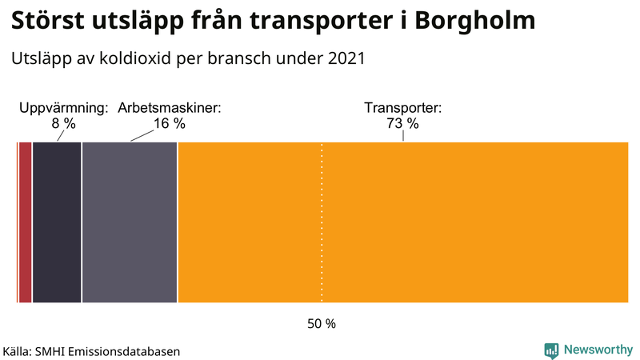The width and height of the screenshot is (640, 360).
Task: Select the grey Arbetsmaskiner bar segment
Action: click(129, 222)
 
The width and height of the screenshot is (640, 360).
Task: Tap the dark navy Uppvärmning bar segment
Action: click(57, 222)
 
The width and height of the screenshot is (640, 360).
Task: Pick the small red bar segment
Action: click(25, 222)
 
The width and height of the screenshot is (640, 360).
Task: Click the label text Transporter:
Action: click(402, 108)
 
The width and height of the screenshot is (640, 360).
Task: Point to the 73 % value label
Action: click(402, 123)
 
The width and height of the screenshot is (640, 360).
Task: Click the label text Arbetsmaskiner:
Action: click(169, 108)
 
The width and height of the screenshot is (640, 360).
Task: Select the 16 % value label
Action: click(169, 123)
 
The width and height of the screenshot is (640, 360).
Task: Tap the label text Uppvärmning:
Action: click(63, 108)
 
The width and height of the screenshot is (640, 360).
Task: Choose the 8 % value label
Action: click(63, 123)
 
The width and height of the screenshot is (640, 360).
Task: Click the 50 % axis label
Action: click(322, 324)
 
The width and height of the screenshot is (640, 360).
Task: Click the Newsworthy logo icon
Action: click(551, 350)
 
